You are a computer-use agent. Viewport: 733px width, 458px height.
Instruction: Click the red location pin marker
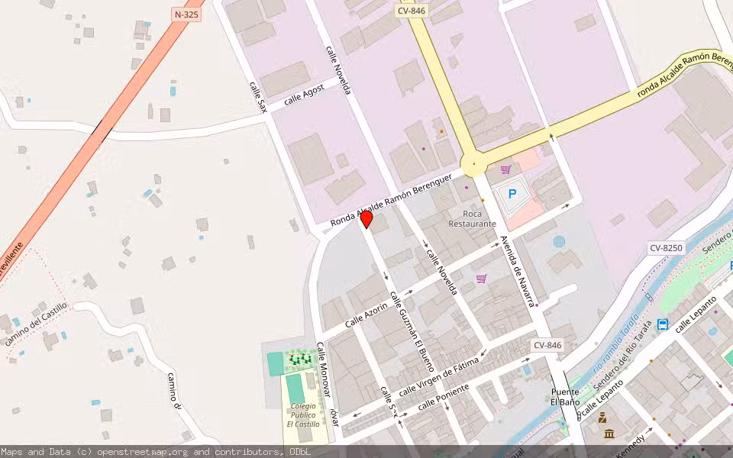pyautogui.click(x=366, y=219)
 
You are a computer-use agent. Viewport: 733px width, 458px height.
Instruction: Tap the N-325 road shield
pyautogui.click(x=186, y=14)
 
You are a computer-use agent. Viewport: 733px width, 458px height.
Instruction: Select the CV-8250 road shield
pyautogui.click(x=667, y=248)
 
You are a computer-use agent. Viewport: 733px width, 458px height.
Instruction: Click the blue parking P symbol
pyautogui.click(x=512, y=195)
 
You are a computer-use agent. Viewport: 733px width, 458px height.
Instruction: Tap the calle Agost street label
pyautogui.click(x=304, y=95)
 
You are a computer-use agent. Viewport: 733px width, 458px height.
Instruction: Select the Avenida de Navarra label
pyautogui.click(x=516, y=273)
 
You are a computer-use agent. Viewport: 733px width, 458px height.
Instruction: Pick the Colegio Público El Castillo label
pyautogui.click(x=302, y=414)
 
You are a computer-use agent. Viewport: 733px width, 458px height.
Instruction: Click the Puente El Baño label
pyautogui.click(x=566, y=397)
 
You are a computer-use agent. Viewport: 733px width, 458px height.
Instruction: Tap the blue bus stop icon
pyautogui.click(x=663, y=324)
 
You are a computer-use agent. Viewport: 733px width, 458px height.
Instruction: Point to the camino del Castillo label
pyautogui.click(x=36, y=324)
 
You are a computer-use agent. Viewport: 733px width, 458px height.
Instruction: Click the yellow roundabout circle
pyautogui.click(x=474, y=163)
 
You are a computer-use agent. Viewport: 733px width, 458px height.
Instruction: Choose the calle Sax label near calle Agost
pyautogui.click(x=258, y=98)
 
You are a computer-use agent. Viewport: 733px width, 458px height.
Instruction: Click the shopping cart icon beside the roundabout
pyautogui.click(x=505, y=169)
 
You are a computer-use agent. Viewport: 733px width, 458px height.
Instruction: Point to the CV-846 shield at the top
pyautogui.click(x=412, y=11)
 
